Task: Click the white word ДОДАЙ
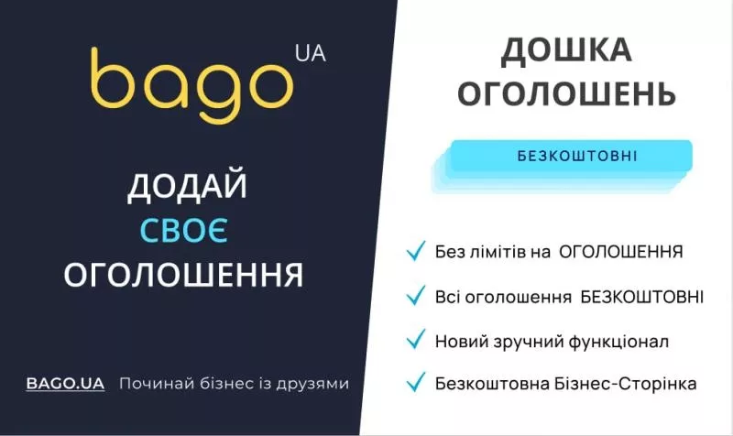pyautogui.click(x=187, y=187)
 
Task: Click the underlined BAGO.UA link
pyautogui.click(x=65, y=383)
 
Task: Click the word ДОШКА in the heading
pyautogui.click(x=566, y=52)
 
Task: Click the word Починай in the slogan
pyautogui.click(x=151, y=383)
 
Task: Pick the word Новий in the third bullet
pyautogui.click(x=457, y=342)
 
